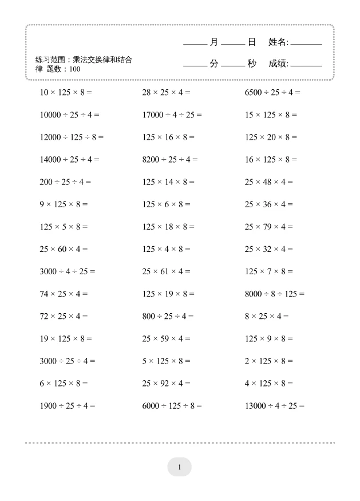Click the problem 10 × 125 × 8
point(66,92)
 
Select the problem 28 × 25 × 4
point(166,92)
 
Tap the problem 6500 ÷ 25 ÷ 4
point(272,92)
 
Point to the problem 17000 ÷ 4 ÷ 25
point(172,115)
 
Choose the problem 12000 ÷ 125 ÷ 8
point(72,137)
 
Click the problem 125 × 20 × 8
point(271,137)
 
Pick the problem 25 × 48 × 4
point(268,182)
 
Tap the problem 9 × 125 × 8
point(64,204)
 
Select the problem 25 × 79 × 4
point(268,227)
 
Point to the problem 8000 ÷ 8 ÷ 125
point(275,294)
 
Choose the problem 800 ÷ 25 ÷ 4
point(168,316)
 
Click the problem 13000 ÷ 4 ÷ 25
point(275,406)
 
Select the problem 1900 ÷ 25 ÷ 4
point(68,406)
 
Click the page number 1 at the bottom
point(179,467)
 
